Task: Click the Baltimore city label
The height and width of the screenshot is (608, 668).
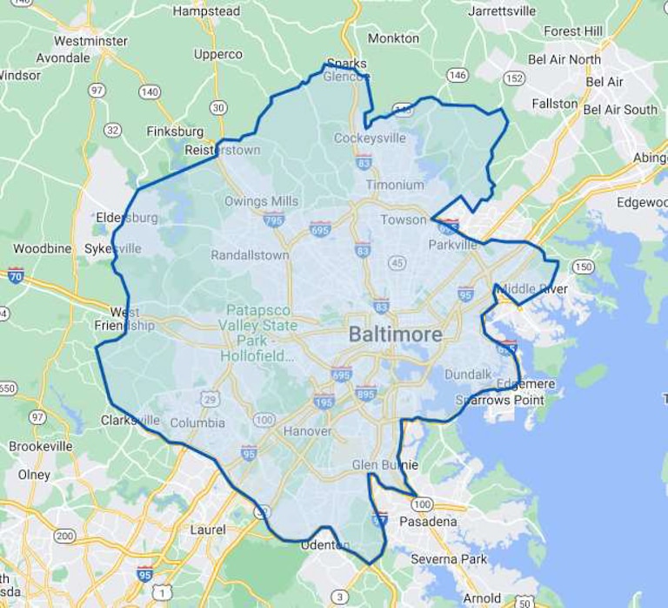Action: tap(395, 334)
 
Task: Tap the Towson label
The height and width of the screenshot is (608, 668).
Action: tap(403, 220)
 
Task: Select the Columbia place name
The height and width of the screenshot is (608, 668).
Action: tap(190, 423)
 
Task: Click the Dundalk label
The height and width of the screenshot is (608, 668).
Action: tap(468, 375)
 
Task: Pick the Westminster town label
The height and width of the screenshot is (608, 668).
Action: tap(90, 41)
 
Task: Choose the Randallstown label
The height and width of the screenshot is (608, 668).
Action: tap(250, 255)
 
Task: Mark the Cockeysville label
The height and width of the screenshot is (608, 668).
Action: tap(370, 138)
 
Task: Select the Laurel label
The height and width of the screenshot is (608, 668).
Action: tap(208, 530)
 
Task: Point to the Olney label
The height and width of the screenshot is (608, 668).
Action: tap(34, 475)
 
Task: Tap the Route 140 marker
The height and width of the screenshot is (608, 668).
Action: tap(150, 91)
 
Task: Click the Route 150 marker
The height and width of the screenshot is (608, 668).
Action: tap(582, 267)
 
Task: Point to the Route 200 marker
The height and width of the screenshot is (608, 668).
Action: tap(64, 535)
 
